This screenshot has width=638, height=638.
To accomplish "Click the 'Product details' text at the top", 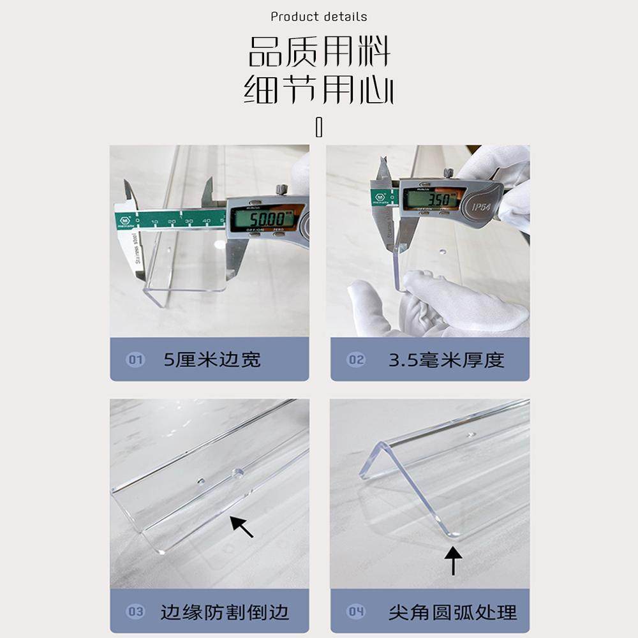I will click(x=318, y=17).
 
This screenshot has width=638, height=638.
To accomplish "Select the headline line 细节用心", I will click(x=318, y=91).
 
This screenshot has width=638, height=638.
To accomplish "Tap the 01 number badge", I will click(x=136, y=360).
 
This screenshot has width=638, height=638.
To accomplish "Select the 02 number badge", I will click(x=356, y=360).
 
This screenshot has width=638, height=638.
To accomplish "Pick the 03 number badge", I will click(x=136, y=612).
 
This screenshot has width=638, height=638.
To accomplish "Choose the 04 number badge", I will click(x=356, y=612).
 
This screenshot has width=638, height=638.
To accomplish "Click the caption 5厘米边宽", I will click(x=212, y=360).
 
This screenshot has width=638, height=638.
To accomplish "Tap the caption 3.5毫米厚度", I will click(x=446, y=360).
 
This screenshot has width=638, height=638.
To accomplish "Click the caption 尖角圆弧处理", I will click(x=452, y=612).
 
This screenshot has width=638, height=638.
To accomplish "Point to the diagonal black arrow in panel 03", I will click(x=242, y=526).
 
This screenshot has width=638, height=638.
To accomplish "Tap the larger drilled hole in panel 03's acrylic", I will click(x=238, y=474).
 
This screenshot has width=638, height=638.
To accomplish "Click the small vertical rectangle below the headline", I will click(x=319, y=127).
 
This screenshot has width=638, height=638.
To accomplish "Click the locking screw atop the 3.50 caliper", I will click(x=449, y=173).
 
